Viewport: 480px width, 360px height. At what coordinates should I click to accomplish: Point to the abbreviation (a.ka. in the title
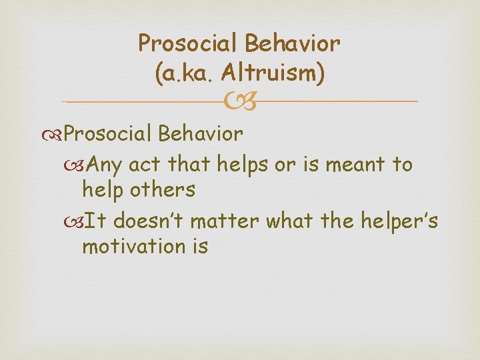point(186,73)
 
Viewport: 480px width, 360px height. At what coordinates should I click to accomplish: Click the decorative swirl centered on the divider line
point(240,102)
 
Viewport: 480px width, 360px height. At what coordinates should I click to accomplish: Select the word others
point(163,190)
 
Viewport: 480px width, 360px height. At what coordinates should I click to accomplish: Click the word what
point(287,220)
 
